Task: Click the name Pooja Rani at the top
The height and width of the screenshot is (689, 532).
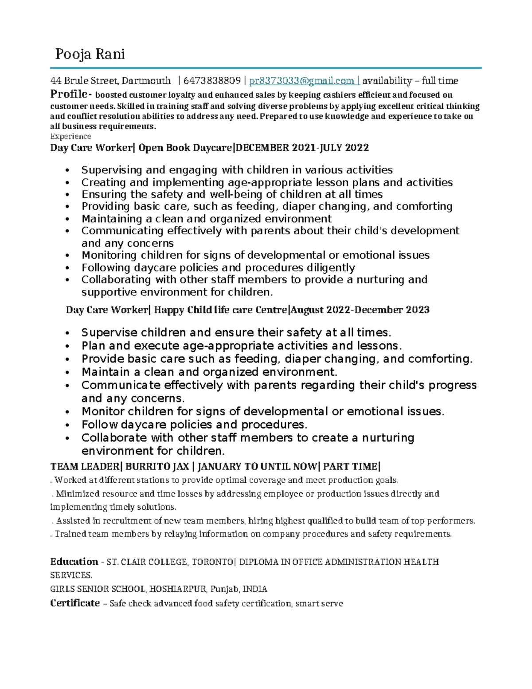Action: click(90, 54)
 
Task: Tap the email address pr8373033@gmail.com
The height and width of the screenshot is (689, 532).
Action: click(301, 81)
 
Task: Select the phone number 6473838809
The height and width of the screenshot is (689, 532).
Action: click(211, 81)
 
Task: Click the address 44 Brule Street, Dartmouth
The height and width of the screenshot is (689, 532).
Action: click(110, 81)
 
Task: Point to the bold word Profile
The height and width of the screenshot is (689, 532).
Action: click(69, 94)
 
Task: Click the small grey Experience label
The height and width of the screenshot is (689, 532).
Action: click(70, 136)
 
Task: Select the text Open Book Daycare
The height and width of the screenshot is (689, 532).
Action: click(185, 148)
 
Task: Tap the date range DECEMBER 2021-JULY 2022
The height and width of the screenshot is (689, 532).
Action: click(302, 148)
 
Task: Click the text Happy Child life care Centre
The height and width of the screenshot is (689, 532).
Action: click(220, 310)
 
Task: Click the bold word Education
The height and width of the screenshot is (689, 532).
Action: click(74, 562)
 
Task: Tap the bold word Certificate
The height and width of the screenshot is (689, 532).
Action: click(75, 603)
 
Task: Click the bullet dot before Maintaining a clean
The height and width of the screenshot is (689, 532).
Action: click(67, 219)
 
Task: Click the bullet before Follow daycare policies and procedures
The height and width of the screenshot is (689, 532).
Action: click(67, 425)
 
